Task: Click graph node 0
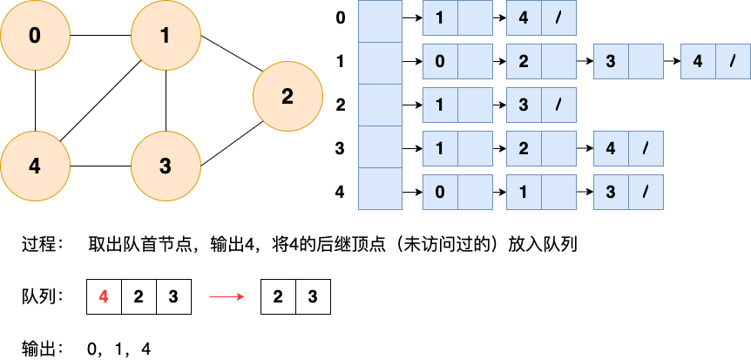tap(35, 36)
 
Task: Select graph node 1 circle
tap(166, 36)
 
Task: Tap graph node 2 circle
tap(288, 97)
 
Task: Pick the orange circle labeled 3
tap(166, 166)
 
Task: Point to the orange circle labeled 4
tap(35, 166)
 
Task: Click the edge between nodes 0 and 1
tap(100, 36)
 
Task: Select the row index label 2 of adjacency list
tap(341, 105)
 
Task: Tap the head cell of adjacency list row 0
tap(380, 21)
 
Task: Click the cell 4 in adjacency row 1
tap(698, 63)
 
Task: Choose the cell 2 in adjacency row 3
tap(524, 148)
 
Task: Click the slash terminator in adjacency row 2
tap(558, 105)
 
